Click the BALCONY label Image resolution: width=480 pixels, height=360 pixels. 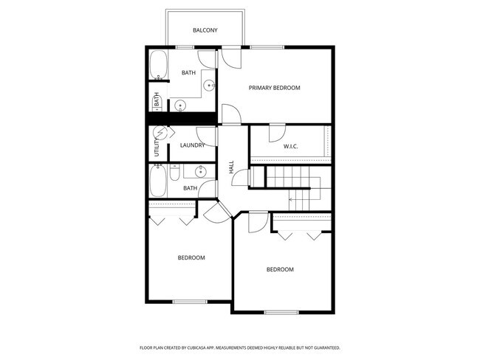click(x=205, y=30)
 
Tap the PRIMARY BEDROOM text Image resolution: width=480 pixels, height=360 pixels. click(x=274, y=88)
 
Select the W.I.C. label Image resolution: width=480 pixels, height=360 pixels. click(x=291, y=146)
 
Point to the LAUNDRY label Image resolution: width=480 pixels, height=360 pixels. click(x=193, y=145)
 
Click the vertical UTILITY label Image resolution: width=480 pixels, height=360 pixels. click(x=157, y=148)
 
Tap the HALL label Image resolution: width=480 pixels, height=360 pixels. click(x=231, y=168)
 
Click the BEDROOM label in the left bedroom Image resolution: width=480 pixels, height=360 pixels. click(x=191, y=257)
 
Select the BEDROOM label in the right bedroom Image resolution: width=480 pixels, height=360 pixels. click(x=280, y=269)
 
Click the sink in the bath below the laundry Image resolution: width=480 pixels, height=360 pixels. click(x=199, y=173)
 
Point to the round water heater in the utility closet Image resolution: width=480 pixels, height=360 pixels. click(x=160, y=134)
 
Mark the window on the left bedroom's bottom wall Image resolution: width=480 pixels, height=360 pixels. click(x=189, y=301)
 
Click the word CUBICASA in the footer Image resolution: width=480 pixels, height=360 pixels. click(x=197, y=347)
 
